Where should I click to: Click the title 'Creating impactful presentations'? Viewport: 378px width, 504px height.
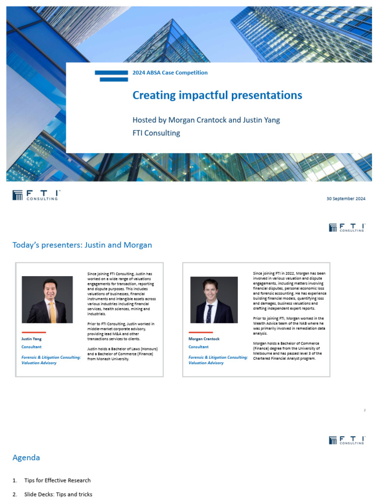[217, 95]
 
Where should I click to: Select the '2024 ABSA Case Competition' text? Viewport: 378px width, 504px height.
[170, 73]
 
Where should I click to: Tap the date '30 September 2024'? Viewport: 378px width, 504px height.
[346, 199]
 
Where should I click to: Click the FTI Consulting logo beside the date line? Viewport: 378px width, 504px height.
[35, 195]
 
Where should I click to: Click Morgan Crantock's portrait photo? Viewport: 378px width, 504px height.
[207, 300]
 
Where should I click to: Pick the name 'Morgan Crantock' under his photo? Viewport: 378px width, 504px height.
[204, 339]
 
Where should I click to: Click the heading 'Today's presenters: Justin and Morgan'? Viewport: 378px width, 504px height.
[82, 245]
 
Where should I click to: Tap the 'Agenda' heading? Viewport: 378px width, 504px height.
[26, 458]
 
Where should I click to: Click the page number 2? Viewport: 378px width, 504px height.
[364, 410]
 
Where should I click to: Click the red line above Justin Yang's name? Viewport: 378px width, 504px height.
[33, 333]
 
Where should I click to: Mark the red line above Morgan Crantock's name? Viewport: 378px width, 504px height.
[201, 332]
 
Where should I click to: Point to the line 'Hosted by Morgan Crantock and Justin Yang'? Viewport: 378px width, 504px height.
[206, 120]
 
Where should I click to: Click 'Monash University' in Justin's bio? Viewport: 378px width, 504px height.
[112, 359]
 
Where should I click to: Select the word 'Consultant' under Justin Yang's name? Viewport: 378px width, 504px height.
[31, 346]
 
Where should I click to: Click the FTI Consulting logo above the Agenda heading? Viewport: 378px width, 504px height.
[346, 440]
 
